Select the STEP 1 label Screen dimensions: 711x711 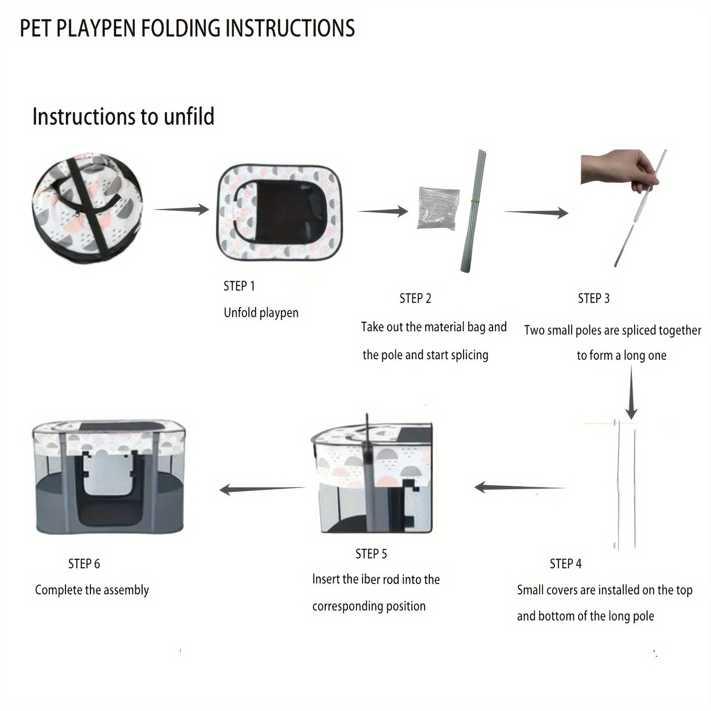[x=239, y=286]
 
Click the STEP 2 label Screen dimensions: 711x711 [x=415, y=298]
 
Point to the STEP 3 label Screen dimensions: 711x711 [x=593, y=298]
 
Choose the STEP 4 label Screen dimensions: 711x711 [x=565, y=563]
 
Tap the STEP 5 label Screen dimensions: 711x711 [x=371, y=554]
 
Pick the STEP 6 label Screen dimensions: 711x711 [x=84, y=563]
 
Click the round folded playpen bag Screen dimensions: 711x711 [x=87, y=209]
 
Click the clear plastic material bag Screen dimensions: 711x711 [x=437, y=207]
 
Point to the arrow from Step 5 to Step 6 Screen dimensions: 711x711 [x=262, y=489]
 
